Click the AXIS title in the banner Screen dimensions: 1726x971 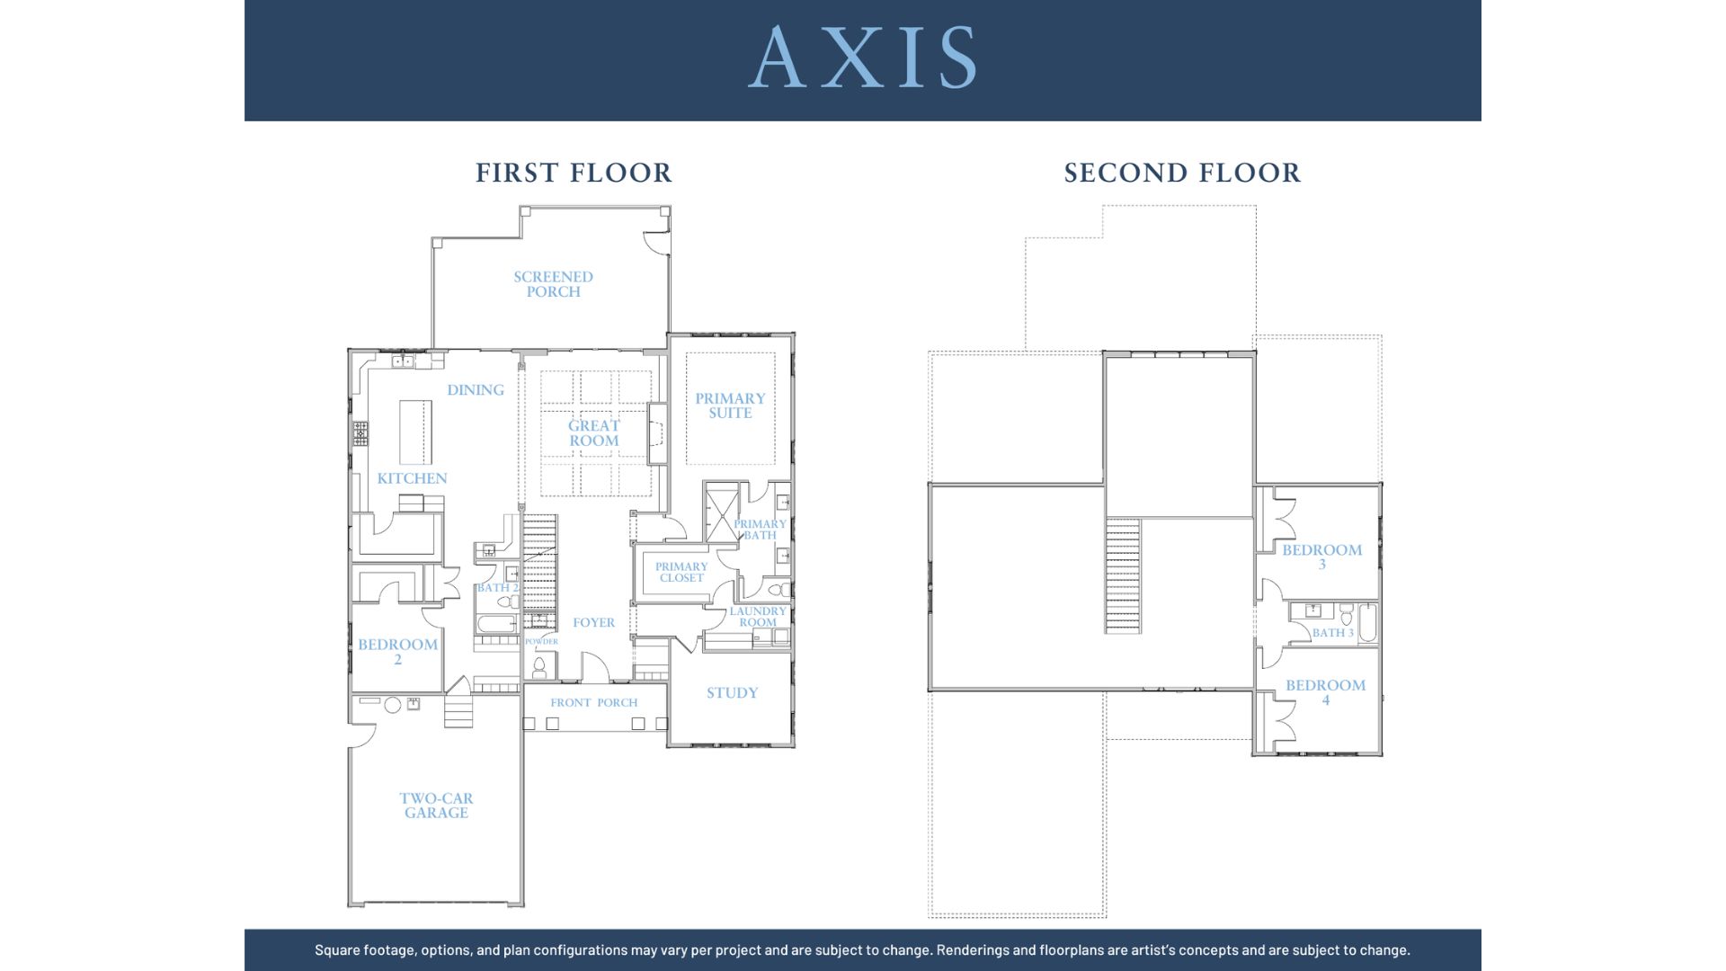(x=862, y=57)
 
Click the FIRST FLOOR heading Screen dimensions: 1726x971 (x=574, y=173)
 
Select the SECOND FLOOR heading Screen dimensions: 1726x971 (x=1182, y=173)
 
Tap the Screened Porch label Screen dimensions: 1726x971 (x=553, y=284)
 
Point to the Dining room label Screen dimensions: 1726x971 (x=476, y=390)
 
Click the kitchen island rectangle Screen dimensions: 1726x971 (x=415, y=432)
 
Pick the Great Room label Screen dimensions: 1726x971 (x=594, y=432)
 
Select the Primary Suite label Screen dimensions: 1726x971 (x=730, y=405)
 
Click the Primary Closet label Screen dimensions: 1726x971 (x=681, y=573)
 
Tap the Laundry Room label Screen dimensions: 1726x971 (x=758, y=617)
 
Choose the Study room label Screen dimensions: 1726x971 (x=732, y=693)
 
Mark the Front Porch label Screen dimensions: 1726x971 (x=594, y=703)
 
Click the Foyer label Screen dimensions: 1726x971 (x=594, y=622)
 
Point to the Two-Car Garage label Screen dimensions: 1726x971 (x=436, y=806)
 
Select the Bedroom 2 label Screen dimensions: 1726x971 (x=397, y=652)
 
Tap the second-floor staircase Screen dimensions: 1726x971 (x=1123, y=575)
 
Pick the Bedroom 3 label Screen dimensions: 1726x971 (x=1321, y=557)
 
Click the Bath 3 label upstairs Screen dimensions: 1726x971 (x=1332, y=633)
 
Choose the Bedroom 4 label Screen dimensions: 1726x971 (x=1325, y=692)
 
